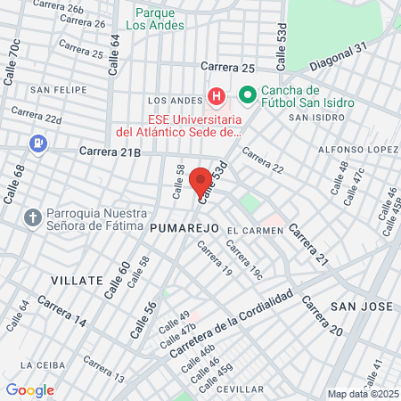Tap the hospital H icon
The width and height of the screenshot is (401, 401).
tap(216, 95)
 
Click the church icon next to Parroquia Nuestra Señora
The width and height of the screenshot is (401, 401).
tap(33, 217)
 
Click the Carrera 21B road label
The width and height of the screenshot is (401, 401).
tap(110, 152)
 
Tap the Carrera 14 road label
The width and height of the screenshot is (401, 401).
tap(62, 313)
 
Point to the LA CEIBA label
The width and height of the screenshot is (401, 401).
tap(40, 364)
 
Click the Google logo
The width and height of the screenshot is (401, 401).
tap(29, 390)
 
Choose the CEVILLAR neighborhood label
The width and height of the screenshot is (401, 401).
tap(240, 389)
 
